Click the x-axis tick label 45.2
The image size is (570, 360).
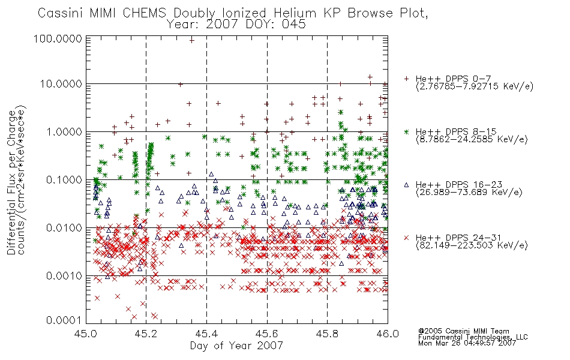(146, 334)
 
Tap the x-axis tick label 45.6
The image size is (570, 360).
(267, 334)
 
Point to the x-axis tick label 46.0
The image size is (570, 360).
(388, 334)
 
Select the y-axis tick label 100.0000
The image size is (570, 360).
(58, 38)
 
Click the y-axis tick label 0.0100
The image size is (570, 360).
(64, 228)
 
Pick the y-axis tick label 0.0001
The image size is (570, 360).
(64, 320)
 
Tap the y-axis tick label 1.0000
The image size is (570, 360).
(64, 131)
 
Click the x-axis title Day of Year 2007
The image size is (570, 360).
(236, 346)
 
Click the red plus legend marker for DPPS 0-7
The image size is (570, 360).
(406, 79)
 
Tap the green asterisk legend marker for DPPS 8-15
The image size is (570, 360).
(406, 131)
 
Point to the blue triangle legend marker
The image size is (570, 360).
(406, 185)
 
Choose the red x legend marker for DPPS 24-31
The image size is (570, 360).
(406, 238)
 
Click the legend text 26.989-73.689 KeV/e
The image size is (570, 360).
(469, 192)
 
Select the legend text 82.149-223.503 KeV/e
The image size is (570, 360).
(472, 245)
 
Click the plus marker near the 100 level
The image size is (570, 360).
(191, 40)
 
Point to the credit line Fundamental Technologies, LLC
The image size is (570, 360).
(473, 337)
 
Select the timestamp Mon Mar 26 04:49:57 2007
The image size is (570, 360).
(467, 343)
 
